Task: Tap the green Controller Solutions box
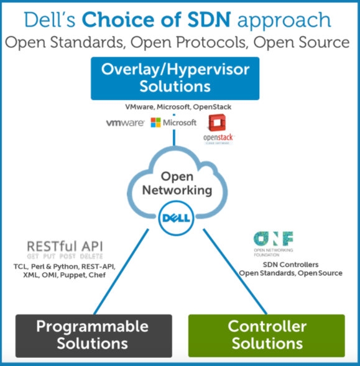(265, 335)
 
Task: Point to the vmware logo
(124, 123)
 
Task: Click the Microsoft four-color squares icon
(156, 123)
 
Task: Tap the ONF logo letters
(273, 239)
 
